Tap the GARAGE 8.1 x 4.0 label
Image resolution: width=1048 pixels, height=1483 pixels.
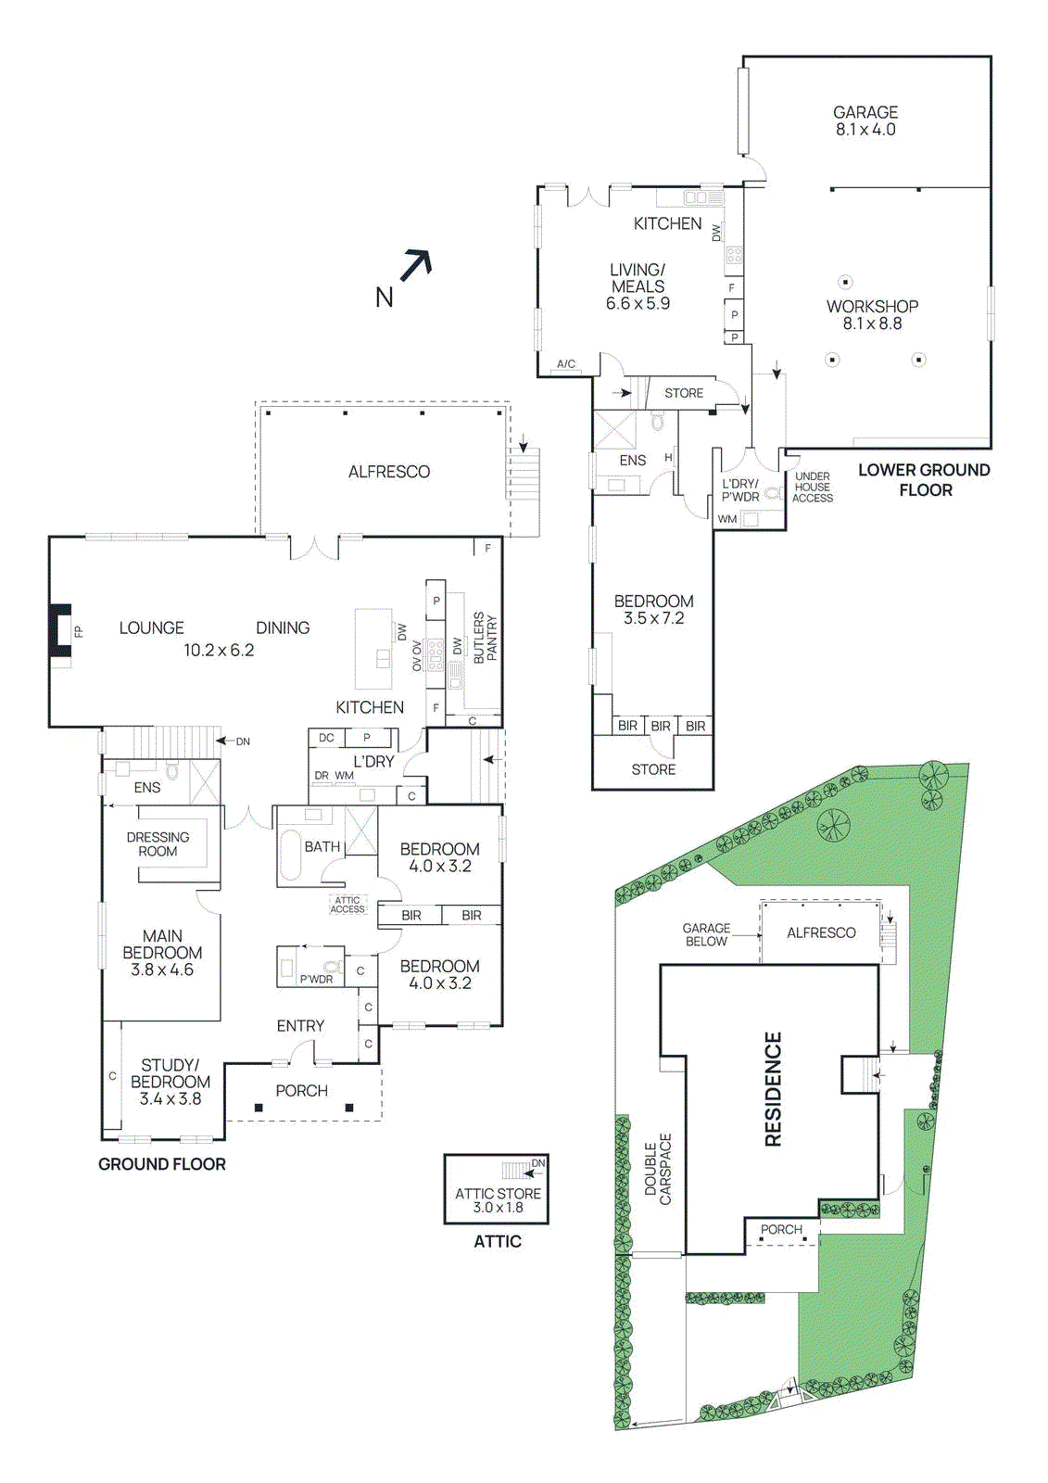click(x=865, y=120)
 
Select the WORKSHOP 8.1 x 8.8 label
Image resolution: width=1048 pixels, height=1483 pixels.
click(x=872, y=314)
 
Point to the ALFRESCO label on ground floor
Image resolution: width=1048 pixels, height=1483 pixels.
click(x=388, y=472)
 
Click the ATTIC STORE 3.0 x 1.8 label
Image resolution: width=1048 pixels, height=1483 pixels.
click(x=498, y=1200)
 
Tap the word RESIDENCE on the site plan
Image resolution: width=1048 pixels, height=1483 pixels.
click(x=773, y=1089)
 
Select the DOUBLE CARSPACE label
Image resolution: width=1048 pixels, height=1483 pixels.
click(x=658, y=1169)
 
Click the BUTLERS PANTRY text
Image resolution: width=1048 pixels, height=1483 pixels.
click(x=486, y=637)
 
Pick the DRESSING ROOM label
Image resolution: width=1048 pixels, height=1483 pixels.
click(x=158, y=843)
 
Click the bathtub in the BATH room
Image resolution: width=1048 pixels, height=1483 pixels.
click(x=290, y=854)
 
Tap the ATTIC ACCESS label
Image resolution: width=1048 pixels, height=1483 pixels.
click(x=347, y=905)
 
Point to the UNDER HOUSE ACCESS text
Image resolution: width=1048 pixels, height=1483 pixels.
click(x=812, y=487)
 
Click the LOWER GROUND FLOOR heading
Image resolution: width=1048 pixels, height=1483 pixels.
click(x=924, y=479)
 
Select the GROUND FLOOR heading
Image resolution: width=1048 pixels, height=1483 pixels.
click(x=162, y=1164)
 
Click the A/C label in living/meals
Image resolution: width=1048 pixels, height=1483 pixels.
click(x=565, y=364)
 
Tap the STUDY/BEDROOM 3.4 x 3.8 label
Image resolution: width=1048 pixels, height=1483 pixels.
click(x=170, y=1082)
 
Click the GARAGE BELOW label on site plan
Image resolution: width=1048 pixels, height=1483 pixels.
click(x=706, y=934)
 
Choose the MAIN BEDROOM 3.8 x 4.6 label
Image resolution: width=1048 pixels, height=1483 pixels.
click(x=162, y=953)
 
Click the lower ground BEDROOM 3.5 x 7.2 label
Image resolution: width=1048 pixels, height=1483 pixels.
click(x=653, y=609)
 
